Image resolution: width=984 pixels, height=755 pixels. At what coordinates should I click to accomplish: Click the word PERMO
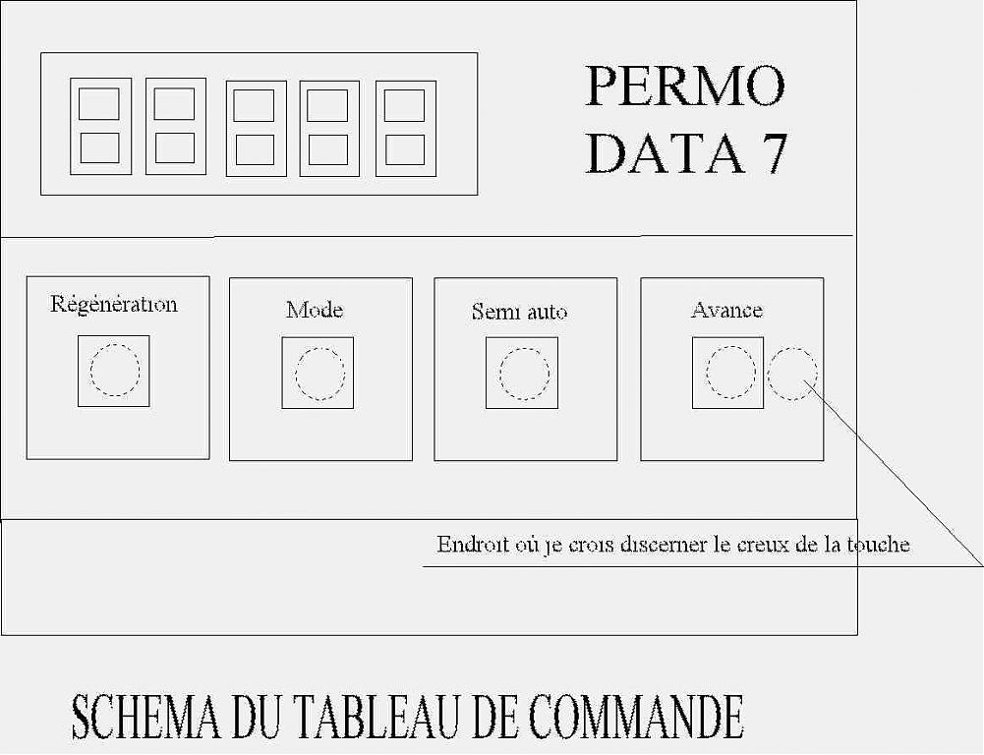coord(685,86)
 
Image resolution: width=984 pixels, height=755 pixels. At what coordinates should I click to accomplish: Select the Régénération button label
coord(114,305)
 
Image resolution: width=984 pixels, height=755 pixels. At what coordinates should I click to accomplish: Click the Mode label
coord(315,310)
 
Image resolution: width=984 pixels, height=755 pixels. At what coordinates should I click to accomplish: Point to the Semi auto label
coord(520,312)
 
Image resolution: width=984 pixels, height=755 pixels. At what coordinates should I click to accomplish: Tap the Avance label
coord(726,310)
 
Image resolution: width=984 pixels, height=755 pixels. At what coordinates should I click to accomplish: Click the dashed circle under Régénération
coord(91,371)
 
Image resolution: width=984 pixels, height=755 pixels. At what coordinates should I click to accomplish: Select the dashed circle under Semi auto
coord(500,374)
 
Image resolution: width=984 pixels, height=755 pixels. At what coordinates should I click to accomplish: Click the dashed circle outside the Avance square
coord(768,374)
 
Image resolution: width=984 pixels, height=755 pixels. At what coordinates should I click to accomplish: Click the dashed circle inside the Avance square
coord(707,373)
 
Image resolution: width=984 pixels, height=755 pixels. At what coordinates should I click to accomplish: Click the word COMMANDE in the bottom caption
coord(636,717)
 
